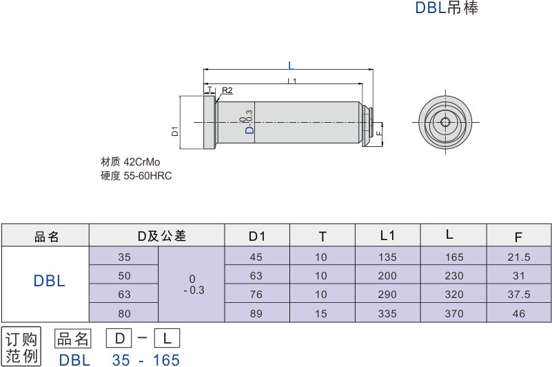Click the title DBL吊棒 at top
pos(446,8)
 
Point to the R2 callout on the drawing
pos(227,90)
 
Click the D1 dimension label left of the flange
pos(175,130)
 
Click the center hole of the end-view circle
pos(445,123)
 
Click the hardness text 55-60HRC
pos(147,176)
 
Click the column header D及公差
pos(161,237)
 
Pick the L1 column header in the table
pos(387,236)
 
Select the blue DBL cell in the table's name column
pos(49,281)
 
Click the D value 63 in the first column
pos(124,295)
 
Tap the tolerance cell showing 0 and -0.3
pos(192,284)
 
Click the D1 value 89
pos(256,313)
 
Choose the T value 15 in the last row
pos(321,313)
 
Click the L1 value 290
pos(387,295)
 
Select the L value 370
pos(453,313)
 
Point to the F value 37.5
pos(519,295)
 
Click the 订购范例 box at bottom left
pos(21,348)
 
